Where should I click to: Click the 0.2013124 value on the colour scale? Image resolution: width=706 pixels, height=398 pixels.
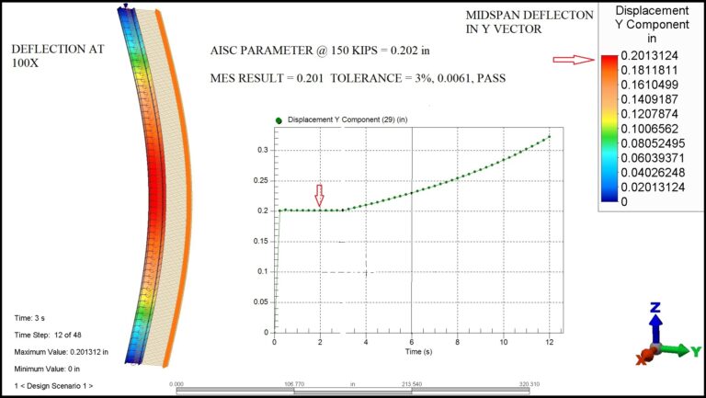point(649,55)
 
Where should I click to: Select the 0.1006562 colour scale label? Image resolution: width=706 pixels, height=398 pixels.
point(649,129)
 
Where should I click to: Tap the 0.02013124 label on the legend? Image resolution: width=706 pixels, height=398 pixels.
point(653,187)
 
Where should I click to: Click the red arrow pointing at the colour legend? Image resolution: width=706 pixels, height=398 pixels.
point(574,60)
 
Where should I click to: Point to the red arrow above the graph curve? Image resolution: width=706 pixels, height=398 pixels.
point(320,195)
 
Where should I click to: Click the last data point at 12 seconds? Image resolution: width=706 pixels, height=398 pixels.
point(550,136)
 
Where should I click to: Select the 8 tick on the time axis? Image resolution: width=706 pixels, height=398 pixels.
point(458,342)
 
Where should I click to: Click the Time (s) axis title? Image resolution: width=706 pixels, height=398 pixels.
point(418,351)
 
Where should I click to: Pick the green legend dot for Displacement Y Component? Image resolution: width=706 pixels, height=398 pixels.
point(279,120)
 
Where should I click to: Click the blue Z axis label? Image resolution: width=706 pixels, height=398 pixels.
point(655,308)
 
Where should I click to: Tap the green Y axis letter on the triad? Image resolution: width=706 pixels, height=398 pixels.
point(696,351)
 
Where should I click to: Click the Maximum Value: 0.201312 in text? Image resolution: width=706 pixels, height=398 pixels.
point(62,352)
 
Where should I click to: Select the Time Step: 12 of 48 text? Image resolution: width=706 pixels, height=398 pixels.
point(48,335)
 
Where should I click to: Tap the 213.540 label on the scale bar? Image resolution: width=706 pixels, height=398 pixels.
point(412,384)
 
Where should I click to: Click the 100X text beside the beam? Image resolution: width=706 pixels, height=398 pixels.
point(25,63)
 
